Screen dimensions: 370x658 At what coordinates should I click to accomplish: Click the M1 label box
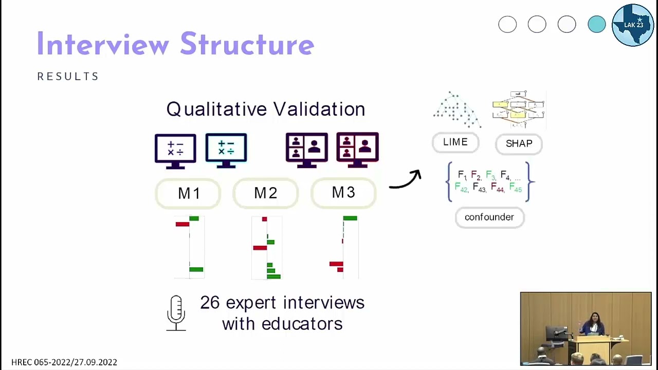(x=188, y=193)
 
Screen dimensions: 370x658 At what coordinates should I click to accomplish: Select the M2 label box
(x=265, y=193)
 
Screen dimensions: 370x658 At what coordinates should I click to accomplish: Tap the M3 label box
(x=343, y=193)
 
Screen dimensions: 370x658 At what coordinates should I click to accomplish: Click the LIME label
(x=455, y=142)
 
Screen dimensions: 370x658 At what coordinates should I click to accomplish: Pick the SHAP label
(x=519, y=144)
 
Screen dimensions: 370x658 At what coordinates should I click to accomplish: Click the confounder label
(x=489, y=217)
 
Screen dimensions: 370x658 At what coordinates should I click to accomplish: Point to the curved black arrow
(x=406, y=180)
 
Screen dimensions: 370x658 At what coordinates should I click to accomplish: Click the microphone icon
(x=176, y=312)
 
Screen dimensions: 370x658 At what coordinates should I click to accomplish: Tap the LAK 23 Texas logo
(x=633, y=25)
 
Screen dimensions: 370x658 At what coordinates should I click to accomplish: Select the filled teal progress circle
(x=596, y=24)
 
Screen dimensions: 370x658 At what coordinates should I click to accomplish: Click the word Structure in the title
(x=247, y=45)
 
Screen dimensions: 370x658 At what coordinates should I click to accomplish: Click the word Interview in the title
(x=103, y=45)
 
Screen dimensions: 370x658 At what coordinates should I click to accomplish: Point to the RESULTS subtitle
(x=68, y=77)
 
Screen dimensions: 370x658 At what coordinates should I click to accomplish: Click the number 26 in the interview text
(x=210, y=303)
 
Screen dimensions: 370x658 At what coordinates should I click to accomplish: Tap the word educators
(x=302, y=324)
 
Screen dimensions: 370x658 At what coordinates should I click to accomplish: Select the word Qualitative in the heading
(x=215, y=109)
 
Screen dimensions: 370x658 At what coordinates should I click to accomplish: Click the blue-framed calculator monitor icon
(x=226, y=150)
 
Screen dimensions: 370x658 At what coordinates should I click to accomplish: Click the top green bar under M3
(x=350, y=218)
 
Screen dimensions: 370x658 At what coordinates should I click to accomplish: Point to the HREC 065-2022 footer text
(x=64, y=362)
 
